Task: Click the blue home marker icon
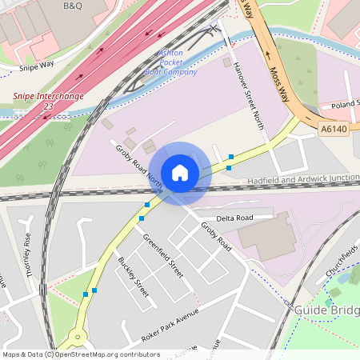point(180,172)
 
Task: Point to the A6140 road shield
point(334,128)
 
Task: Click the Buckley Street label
point(134,276)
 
